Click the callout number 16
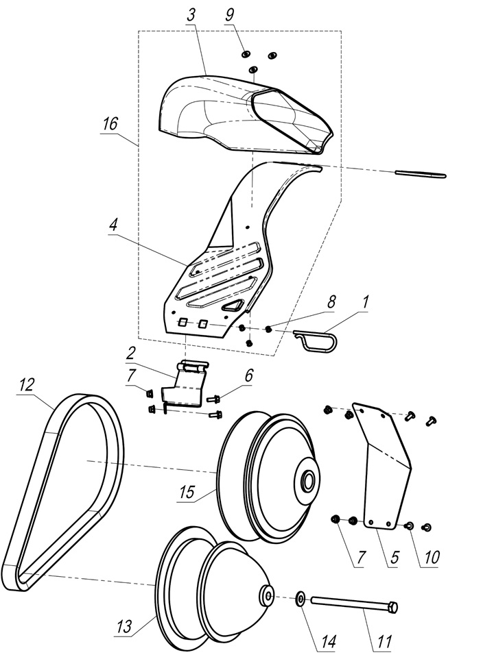click(x=110, y=125)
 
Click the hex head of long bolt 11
click(x=392, y=607)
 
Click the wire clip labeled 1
click(x=317, y=340)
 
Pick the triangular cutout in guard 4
click(x=235, y=305)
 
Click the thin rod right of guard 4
click(x=420, y=174)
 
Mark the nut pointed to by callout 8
click(x=269, y=330)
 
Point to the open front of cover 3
click(x=288, y=120)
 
